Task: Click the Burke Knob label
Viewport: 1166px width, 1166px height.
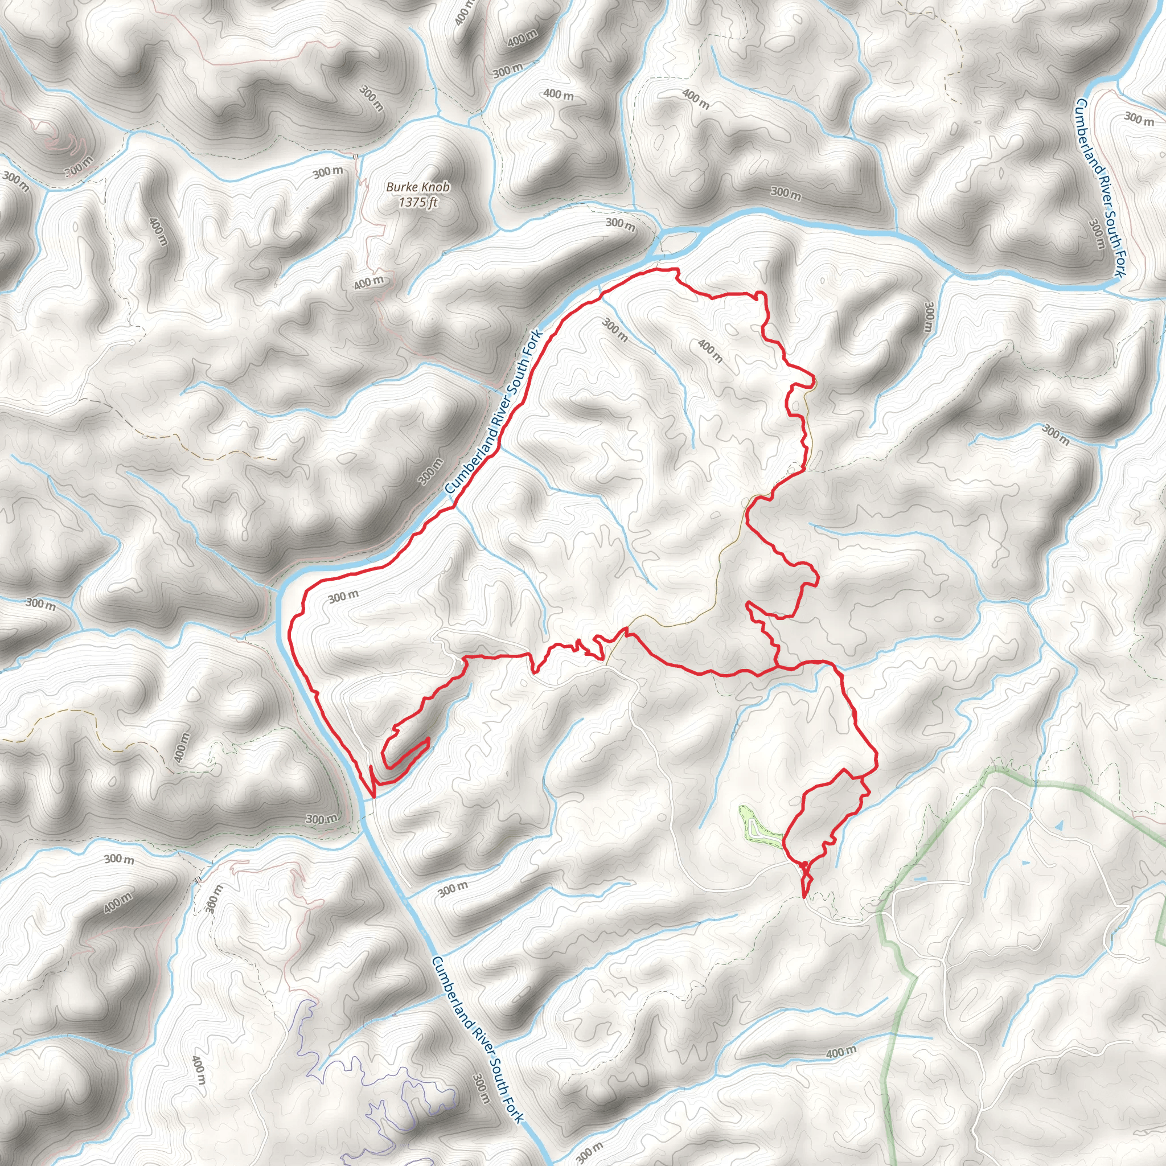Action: pos(418,187)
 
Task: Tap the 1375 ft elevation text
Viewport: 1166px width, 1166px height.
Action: pos(418,202)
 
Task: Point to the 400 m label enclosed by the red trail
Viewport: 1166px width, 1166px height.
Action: pos(710,350)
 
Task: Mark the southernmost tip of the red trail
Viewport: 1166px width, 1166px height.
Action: pos(804,897)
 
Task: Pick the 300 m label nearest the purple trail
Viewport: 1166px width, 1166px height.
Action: pos(481,1088)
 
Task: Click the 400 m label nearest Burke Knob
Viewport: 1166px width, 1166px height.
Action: pos(369,281)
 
